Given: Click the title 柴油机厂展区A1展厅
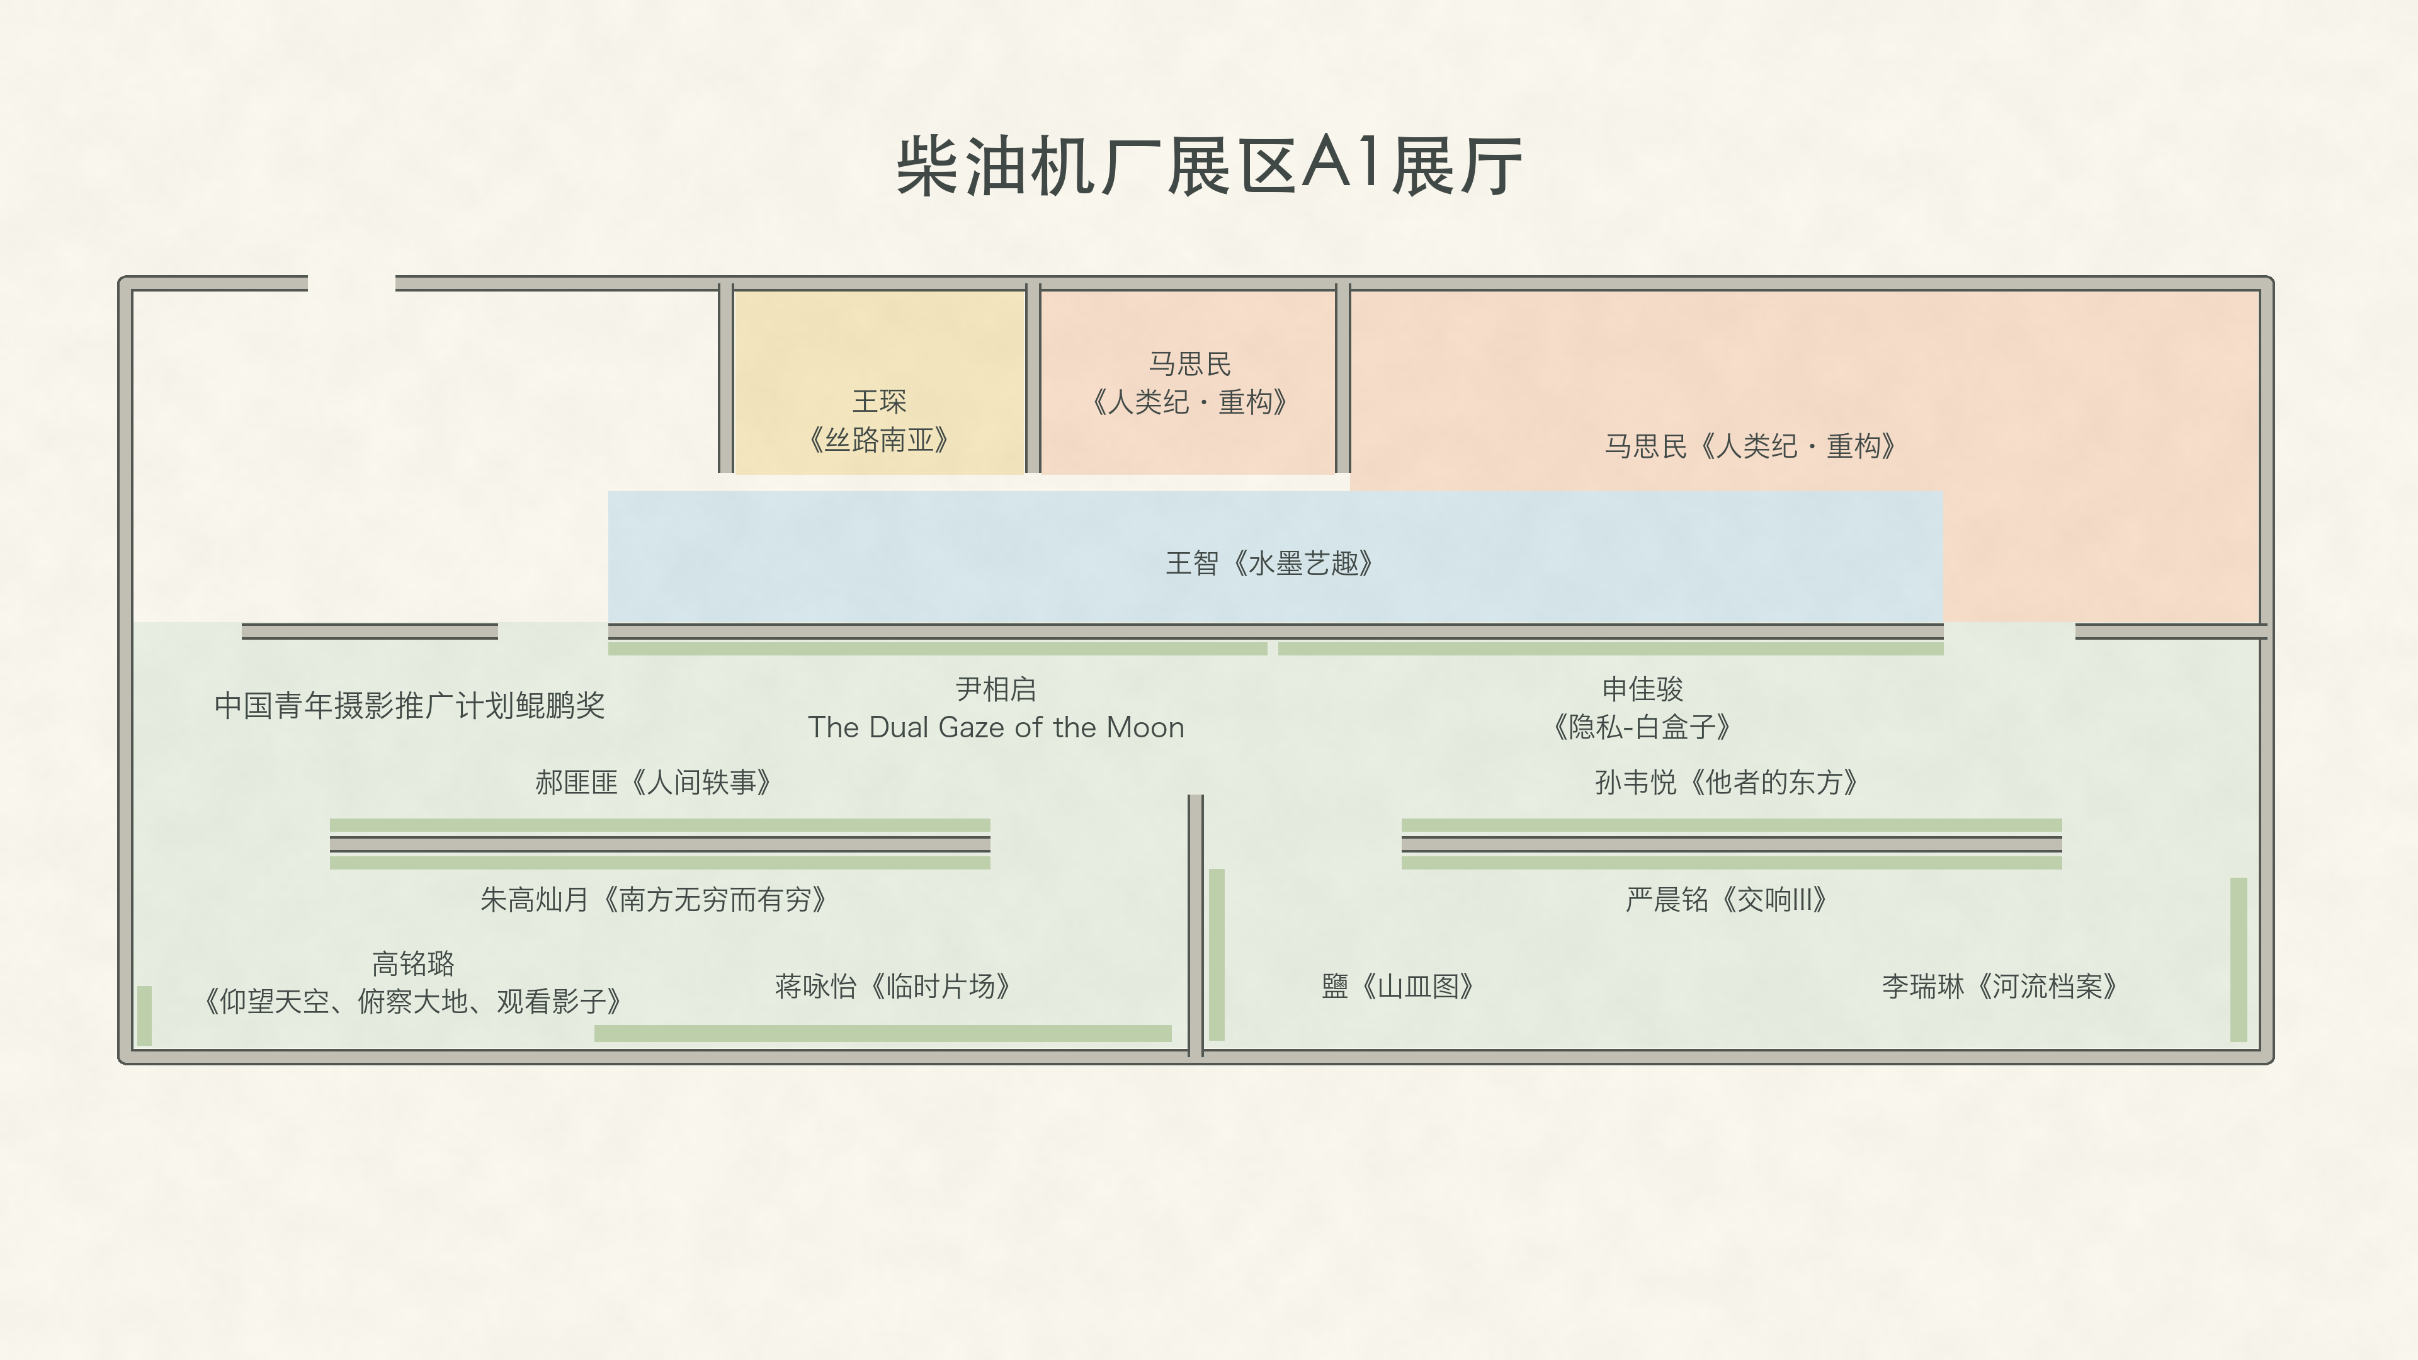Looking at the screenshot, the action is pos(1209,166).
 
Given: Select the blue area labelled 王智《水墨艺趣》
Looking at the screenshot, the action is pos(1274,557).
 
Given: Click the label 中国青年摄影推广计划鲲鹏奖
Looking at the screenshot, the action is pos(409,705).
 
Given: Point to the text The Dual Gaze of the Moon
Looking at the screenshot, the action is pos(996,727).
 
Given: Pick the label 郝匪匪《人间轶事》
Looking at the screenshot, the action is pos(654,782).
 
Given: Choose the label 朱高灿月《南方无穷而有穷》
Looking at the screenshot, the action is pos(654,899).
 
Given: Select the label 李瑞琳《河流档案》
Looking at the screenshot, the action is pos(1999,985).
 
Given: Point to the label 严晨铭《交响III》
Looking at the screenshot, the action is pos(1726,899).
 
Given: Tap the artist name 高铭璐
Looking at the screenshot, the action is pos(413,963).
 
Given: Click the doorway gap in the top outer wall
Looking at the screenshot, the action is pos(351,283).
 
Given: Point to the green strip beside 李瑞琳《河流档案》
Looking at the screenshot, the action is pos(2239,959).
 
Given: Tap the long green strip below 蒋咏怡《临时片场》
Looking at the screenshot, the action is pos(882,1033).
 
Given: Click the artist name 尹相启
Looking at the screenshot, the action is pos(996,689).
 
